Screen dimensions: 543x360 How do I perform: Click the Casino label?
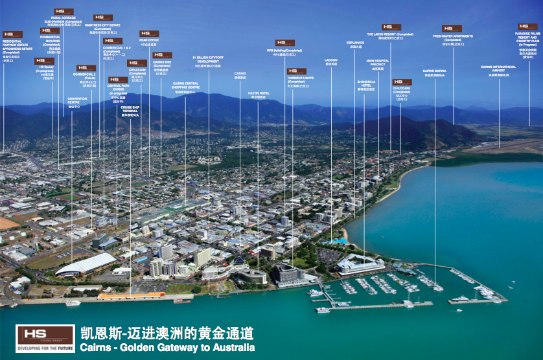click(240, 75)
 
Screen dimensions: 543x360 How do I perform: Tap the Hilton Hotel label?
click(259, 95)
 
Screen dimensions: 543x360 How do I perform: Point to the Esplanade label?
click(356, 45)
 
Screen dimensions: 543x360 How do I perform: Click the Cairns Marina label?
click(435, 73)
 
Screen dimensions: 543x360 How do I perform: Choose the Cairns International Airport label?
click(498, 68)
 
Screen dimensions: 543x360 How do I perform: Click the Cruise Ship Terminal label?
click(130, 111)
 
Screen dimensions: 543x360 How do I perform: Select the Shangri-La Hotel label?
click(365, 85)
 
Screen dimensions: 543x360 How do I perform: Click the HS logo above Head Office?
click(149, 34)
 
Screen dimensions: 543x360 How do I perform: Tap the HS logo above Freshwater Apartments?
click(452, 28)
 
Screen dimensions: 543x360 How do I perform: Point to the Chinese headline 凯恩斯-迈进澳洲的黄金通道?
click(167, 333)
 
